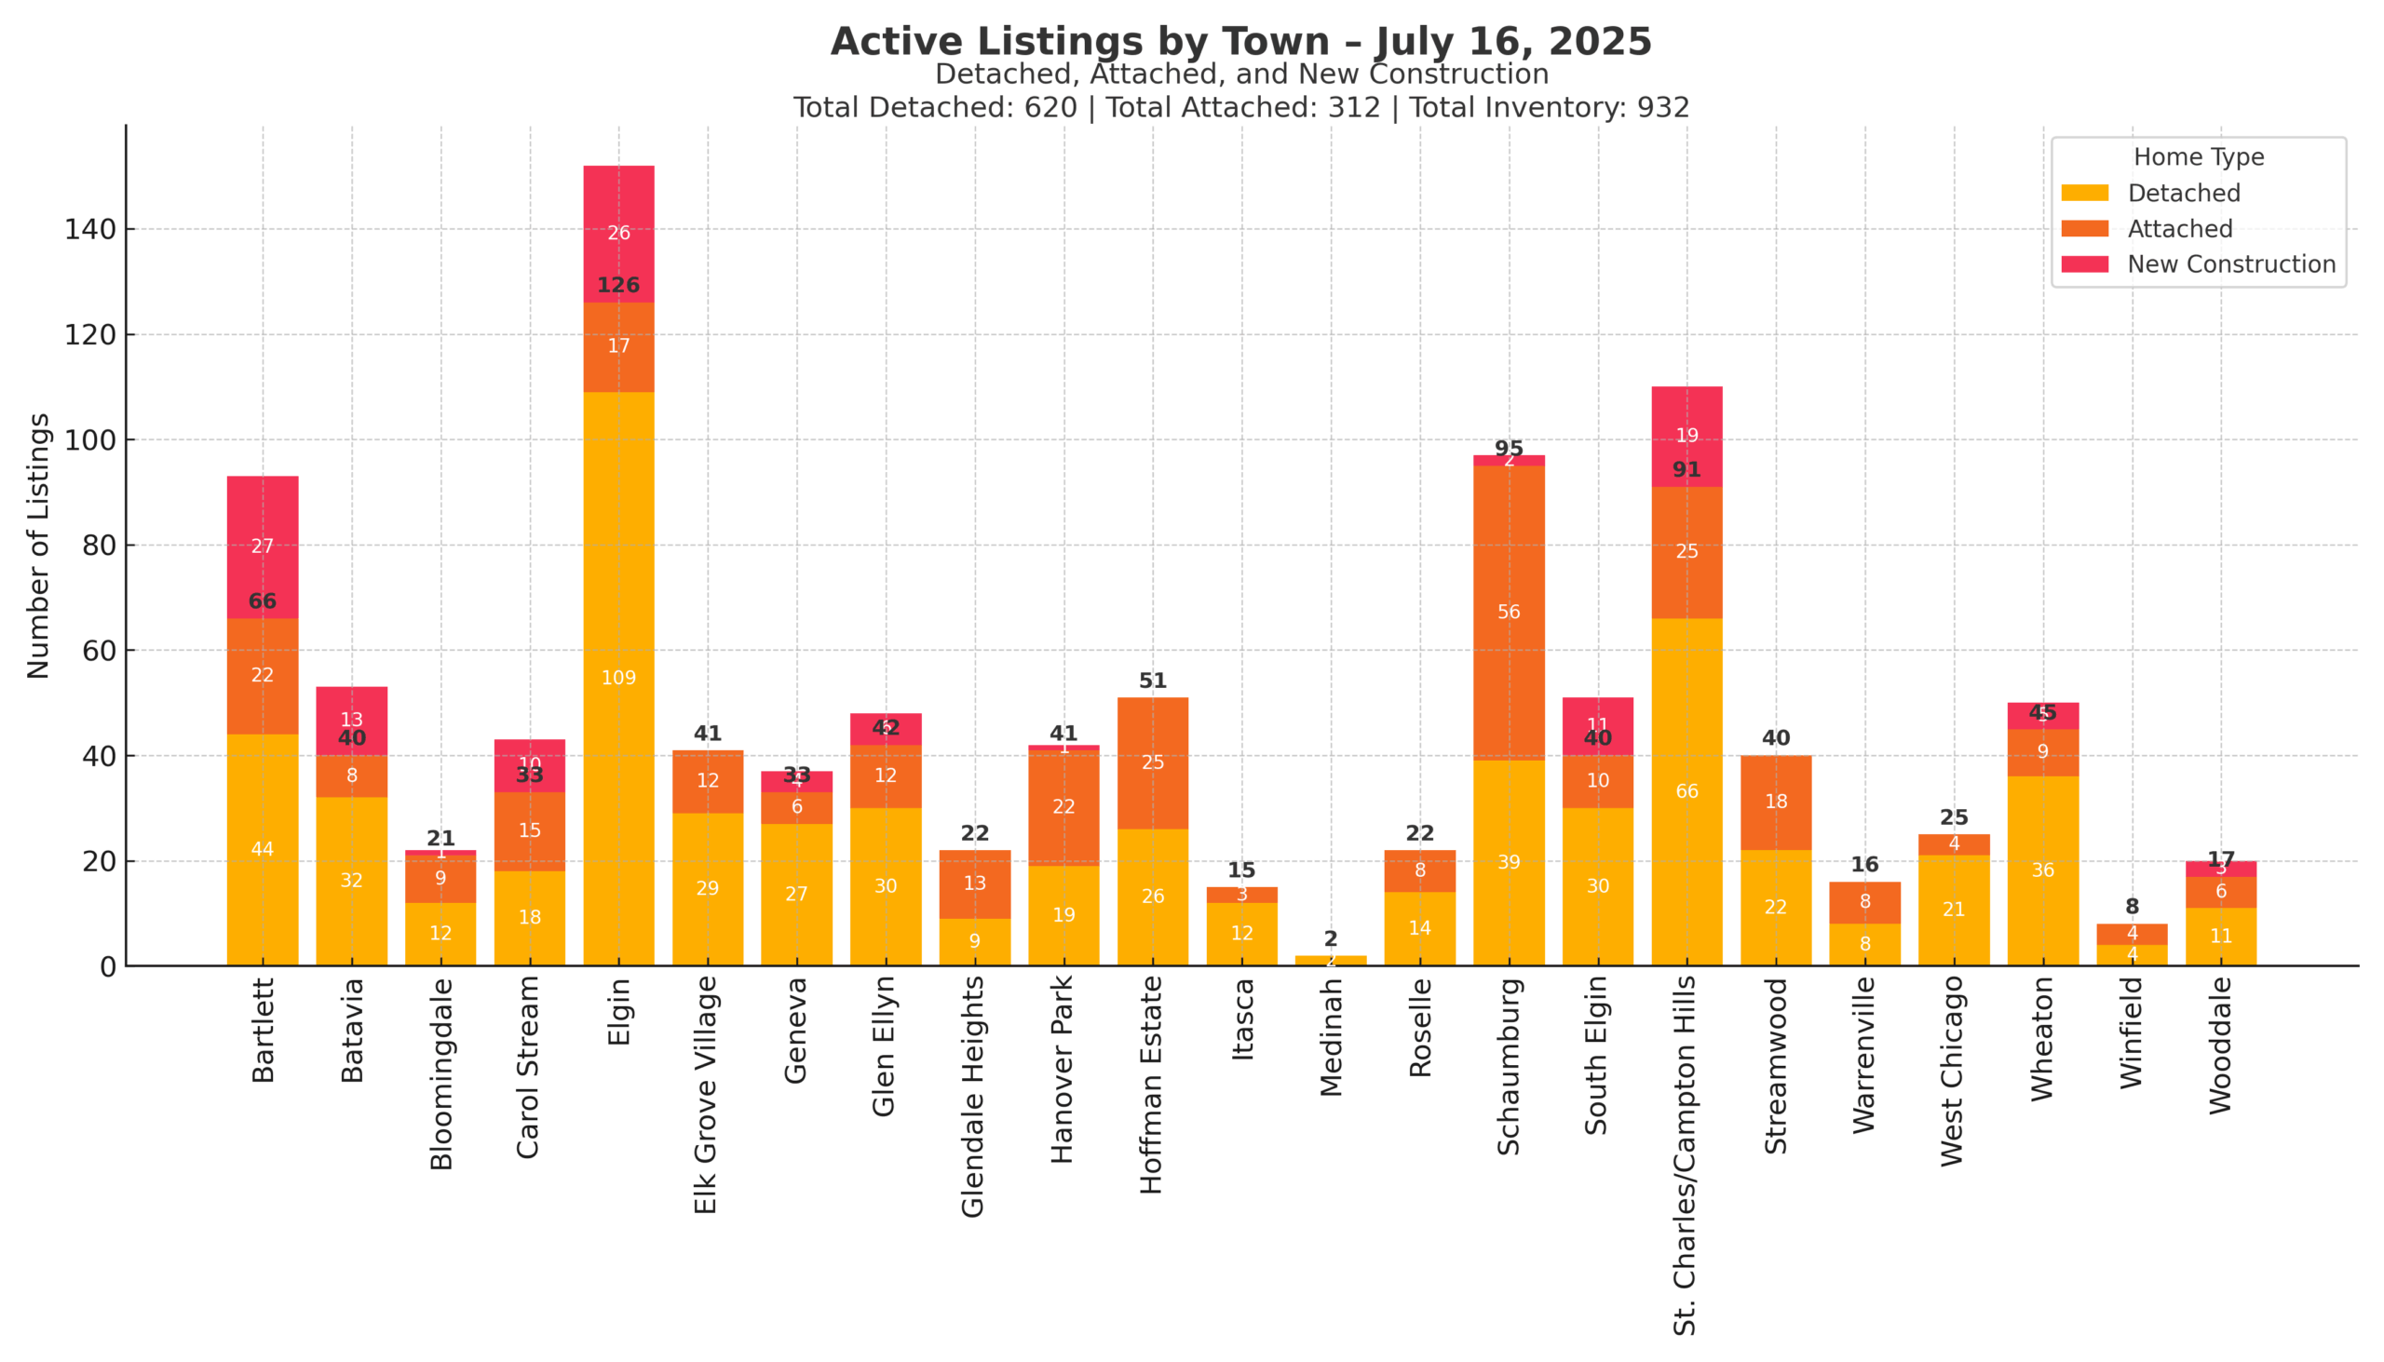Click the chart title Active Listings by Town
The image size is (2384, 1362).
click(x=1240, y=42)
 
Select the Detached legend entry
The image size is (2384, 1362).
click(x=2183, y=194)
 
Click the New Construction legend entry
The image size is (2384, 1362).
click(x=2230, y=264)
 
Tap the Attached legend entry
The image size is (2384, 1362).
click(x=2179, y=229)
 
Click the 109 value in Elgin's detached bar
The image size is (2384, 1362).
click(x=618, y=678)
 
